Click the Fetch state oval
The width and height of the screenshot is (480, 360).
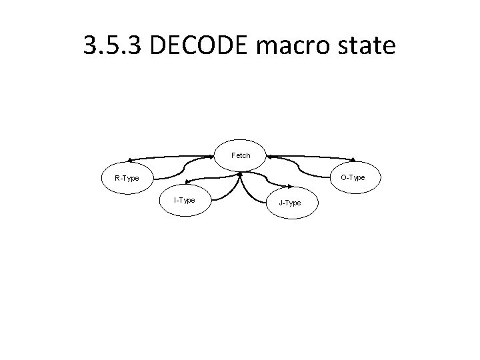(x=240, y=155)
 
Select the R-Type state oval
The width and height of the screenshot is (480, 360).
(x=127, y=178)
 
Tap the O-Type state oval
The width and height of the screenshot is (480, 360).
(x=353, y=177)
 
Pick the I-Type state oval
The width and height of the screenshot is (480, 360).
(x=184, y=200)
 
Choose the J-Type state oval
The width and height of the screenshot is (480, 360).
(x=289, y=202)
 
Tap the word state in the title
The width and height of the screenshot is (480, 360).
(x=371, y=46)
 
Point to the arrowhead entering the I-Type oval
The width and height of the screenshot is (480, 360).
(x=188, y=181)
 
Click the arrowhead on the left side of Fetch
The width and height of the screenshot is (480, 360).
(x=216, y=158)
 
